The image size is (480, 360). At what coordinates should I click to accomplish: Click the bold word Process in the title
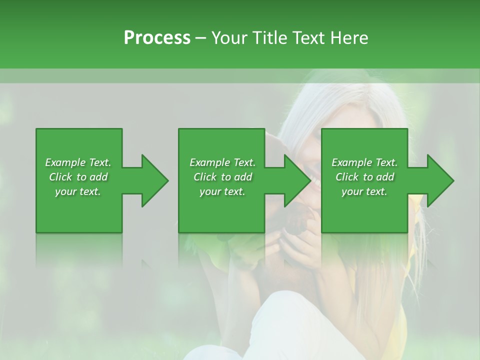(157, 38)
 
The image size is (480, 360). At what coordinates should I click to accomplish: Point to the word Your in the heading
(229, 38)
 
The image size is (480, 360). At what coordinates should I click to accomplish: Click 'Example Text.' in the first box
(78, 162)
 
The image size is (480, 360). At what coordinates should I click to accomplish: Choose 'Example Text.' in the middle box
(222, 162)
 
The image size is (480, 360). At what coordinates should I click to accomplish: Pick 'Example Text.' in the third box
(364, 162)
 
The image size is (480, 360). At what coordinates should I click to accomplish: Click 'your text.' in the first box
(78, 191)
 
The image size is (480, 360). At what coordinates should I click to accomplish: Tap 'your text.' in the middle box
(222, 191)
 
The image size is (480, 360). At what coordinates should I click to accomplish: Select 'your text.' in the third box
(364, 191)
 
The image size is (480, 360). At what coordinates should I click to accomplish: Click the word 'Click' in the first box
(60, 177)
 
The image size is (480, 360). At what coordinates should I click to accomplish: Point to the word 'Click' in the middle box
(205, 177)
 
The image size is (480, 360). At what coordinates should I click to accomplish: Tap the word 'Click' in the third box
(347, 177)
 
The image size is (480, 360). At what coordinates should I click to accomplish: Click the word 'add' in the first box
(99, 177)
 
